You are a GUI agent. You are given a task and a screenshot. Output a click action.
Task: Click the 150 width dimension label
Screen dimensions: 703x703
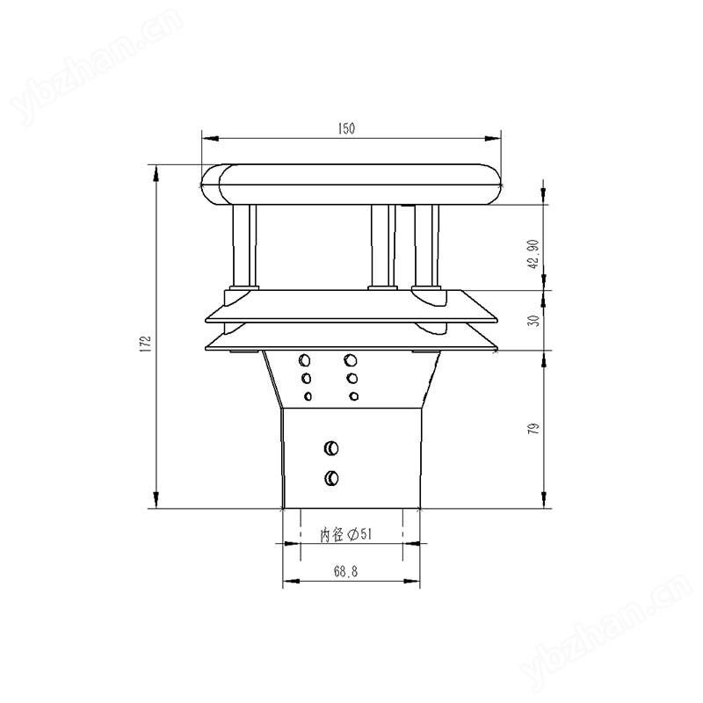[346, 128]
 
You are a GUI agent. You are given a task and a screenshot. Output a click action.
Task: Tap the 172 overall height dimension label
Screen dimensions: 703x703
[146, 344]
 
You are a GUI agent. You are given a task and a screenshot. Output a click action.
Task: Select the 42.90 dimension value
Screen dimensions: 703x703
[533, 254]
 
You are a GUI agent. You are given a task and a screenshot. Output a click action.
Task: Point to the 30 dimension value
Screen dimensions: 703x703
[533, 321]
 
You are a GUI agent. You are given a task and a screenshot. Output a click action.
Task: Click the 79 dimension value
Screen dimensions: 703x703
[533, 429]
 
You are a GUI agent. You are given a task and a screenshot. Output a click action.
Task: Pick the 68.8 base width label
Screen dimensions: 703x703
[345, 571]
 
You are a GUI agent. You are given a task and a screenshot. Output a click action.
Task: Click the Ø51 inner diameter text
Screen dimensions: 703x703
[359, 534]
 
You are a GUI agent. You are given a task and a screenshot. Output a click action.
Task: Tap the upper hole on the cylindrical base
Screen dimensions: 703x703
[331, 448]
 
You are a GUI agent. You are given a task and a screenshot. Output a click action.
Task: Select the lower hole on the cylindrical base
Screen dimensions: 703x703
[331, 478]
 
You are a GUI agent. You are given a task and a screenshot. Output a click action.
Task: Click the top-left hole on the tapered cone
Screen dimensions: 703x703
[305, 359]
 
